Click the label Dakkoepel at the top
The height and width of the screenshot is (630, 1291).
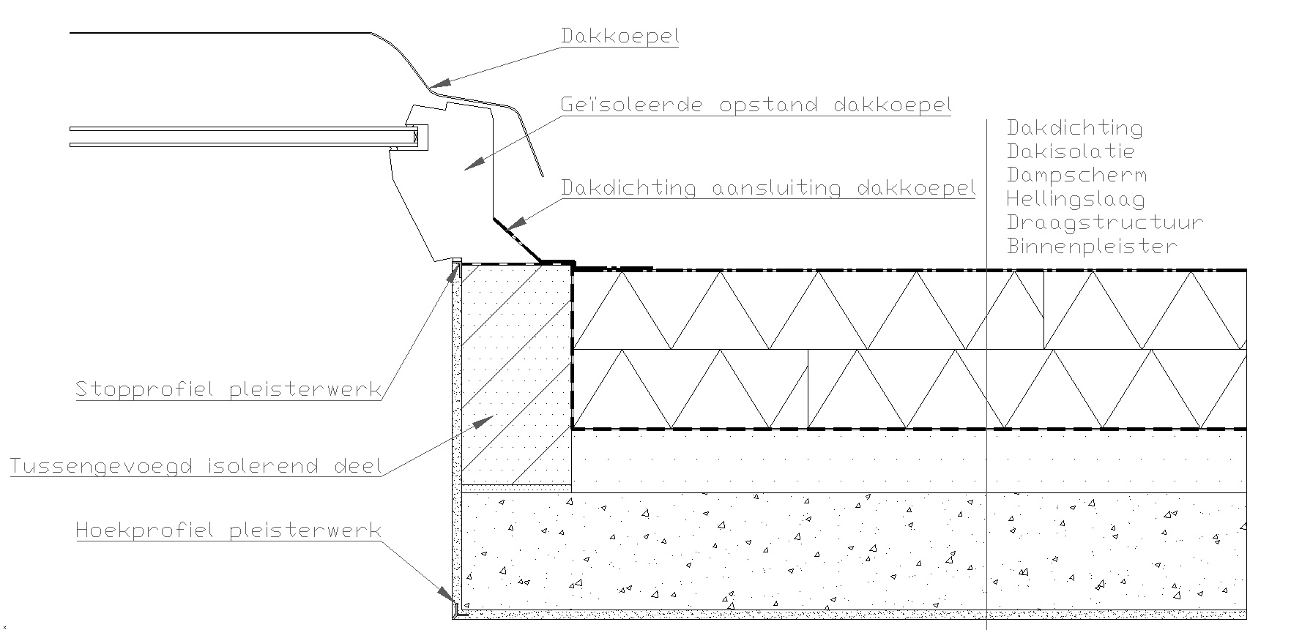pos(620,35)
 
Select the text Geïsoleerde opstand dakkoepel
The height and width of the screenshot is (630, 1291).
pos(756,105)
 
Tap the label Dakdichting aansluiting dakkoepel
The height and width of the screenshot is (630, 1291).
pos(767,188)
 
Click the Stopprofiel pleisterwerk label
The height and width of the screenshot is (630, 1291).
pos(228,389)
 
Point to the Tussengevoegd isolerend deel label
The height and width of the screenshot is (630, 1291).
pos(196,466)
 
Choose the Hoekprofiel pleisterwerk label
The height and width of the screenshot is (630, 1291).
pos(228,530)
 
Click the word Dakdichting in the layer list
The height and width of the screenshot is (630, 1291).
pos(1074,128)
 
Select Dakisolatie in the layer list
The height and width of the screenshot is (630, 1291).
pos(1070,151)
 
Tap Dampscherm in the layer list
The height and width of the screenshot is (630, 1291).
pos(1076,175)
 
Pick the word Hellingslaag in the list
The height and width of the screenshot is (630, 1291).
pos(1075,198)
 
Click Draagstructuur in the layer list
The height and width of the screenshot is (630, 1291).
pos(1104,222)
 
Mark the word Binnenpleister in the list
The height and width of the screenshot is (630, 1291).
pos(1091,245)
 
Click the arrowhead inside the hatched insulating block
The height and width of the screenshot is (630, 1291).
pos(484,420)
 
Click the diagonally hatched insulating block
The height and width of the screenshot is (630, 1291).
pos(517,373)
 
